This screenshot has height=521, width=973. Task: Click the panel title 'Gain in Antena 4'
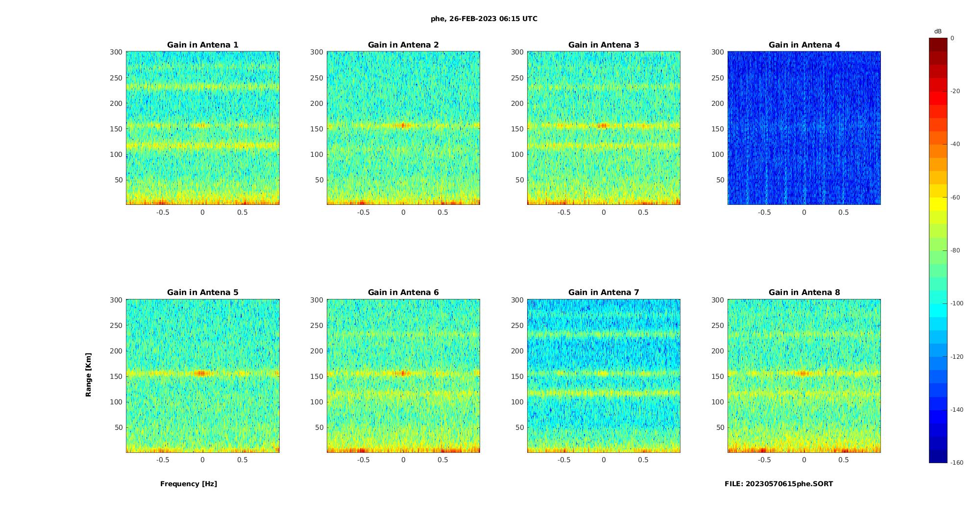(x=804, y=45)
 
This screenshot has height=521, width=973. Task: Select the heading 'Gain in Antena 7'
(x=604, y=293)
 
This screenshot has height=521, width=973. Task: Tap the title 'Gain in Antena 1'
(x=203, y=45)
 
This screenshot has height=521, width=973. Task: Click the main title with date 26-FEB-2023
(x=484, y=19)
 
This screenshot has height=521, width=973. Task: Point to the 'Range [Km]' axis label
(x=89, y=374)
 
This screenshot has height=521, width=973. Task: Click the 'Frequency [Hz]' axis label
(x=189, y=484)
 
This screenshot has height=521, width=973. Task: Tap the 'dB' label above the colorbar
(x=938, y=31)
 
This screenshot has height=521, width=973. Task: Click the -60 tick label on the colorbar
(x=955, y=197)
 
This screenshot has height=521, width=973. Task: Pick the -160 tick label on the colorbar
(x=957, y=462)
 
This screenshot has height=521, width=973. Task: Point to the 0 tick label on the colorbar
(x=952, y=38)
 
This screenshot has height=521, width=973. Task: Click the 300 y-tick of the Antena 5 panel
(x=116, y=300)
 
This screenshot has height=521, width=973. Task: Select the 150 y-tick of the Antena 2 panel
(x=316, y=129)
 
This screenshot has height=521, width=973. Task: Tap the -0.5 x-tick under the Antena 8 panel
(x=764, y=460)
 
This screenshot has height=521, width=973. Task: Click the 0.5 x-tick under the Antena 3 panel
(x=643, y=212)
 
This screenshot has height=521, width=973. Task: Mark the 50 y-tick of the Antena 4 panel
(x=720, y=180)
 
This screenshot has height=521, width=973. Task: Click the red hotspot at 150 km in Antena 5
(x=201, y=373)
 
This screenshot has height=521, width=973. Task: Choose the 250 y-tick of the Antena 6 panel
(x=316, y=325)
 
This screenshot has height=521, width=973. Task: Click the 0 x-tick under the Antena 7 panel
(x=604, y=460)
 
